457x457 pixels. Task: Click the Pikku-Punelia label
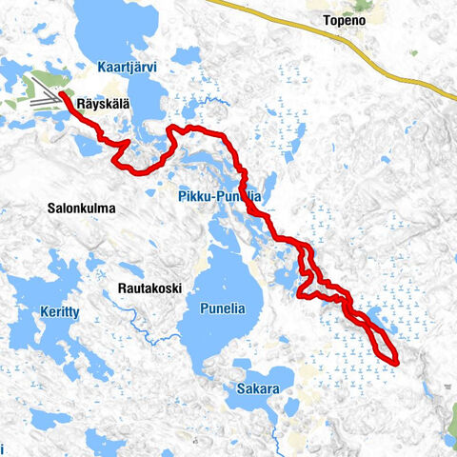pyautogui.click(x=219, y=196)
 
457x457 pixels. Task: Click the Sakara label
pyautogui.click(x=259, y=388)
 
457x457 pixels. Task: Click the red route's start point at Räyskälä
pyautogui.click(x=61, y=95)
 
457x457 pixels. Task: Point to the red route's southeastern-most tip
pyautogui.click(x=394, y=360)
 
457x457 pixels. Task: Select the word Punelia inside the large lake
pyautogui.click(x=224, y=308)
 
